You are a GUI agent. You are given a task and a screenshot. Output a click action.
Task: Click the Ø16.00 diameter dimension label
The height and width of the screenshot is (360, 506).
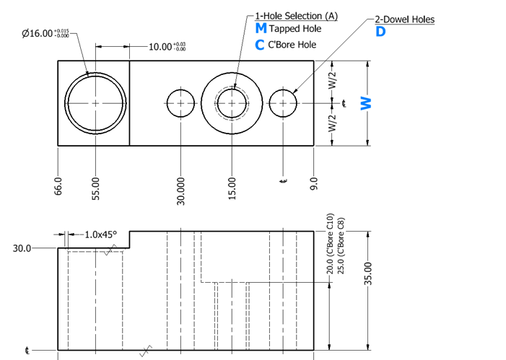45,33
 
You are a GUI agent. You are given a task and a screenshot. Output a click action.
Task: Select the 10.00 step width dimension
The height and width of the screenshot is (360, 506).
167,47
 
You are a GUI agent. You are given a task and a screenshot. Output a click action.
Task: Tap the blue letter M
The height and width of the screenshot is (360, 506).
261,28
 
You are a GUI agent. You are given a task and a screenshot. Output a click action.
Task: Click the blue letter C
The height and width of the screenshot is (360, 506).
259,45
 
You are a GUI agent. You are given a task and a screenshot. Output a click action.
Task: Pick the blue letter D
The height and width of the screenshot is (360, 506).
381,32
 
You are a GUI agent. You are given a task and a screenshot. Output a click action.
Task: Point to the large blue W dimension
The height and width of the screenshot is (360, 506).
366,104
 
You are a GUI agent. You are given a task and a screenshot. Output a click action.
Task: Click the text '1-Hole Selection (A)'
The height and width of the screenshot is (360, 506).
296,16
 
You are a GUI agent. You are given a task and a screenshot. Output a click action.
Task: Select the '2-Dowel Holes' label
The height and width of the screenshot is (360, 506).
405,19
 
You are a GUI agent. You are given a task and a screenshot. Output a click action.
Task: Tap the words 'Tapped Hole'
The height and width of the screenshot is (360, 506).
295,29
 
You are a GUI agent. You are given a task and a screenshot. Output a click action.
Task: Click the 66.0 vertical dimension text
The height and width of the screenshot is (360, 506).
58,186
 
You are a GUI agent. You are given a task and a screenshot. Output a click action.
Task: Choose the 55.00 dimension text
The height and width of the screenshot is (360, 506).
96,189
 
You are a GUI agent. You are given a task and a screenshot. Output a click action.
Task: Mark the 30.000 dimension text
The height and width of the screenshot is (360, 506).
180,191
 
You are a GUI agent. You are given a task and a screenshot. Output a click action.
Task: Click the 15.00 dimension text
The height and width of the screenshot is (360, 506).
232,188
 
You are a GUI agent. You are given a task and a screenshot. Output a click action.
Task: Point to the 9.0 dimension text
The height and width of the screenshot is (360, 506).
314,183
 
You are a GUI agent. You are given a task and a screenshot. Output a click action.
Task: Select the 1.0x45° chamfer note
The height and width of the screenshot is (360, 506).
100,234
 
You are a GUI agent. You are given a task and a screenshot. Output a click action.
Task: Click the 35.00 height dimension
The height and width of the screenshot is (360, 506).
368,273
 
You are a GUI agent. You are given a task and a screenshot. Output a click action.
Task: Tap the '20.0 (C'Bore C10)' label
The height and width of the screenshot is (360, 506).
329,244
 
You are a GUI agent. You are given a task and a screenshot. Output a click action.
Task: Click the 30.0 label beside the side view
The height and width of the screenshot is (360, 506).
22,248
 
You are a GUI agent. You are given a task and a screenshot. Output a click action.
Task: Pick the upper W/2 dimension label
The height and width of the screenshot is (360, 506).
332,80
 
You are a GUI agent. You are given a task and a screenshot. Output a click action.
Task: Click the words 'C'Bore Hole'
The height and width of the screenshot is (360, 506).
292,45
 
